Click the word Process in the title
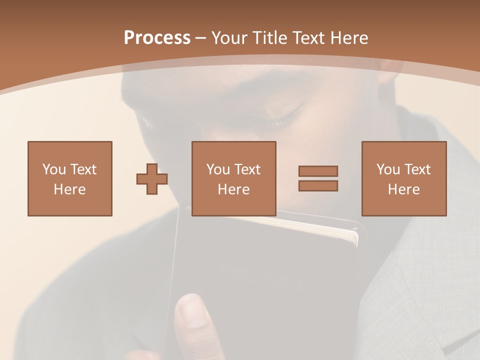click(157, 38)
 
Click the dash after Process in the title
click(200, 38)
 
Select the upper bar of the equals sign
click(318, 171)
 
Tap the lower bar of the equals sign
click(318, 185)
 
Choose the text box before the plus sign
click(69, 178)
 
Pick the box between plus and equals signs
click(233, 178)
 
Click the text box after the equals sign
click(403, 178)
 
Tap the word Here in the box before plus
click(69, 189)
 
